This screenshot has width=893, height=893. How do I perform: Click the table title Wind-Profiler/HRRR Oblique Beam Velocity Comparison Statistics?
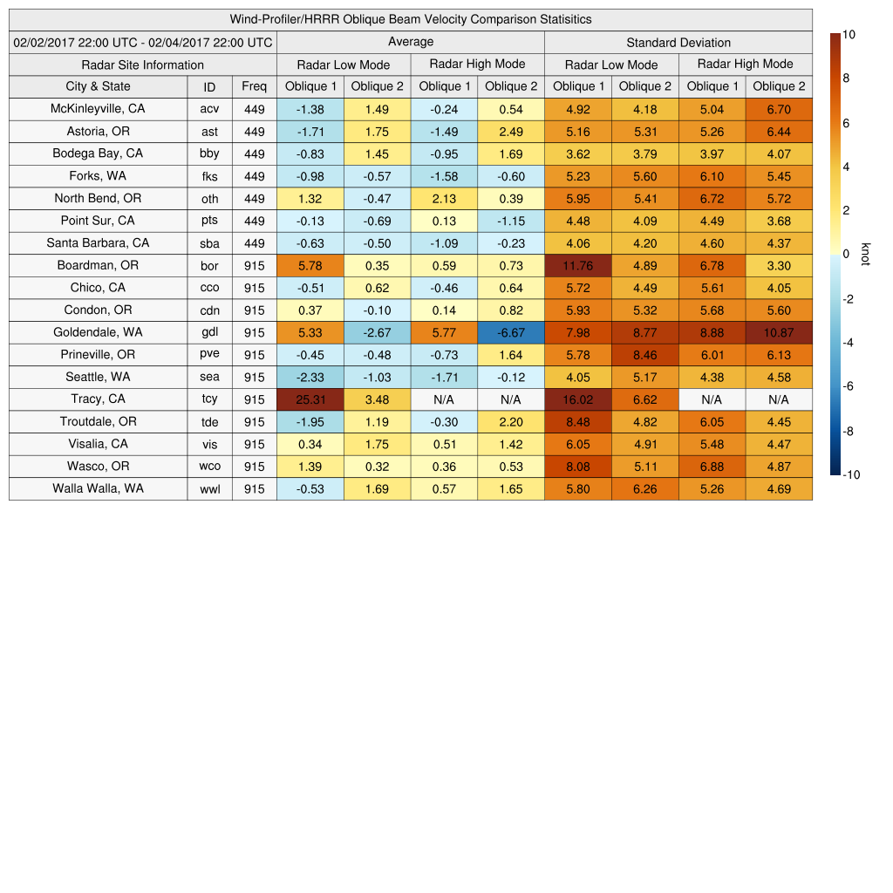pyautogui.click(x=411, y=19)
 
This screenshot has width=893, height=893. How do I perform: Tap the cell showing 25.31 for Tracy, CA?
pyautogui.click(x=310, y=399)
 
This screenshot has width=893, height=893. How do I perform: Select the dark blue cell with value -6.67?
pyautogui.click(x=511, y=332)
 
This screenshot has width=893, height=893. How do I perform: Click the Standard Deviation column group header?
pyautogui.click(x=678, y=43)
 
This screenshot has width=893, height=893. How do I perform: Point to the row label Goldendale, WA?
pyautogui.click(x=98, y=332)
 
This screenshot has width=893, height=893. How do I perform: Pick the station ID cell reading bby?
pyautogui.click(x=209, y=153)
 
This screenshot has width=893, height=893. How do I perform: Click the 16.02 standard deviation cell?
pyautogui.click(x=577, y=399)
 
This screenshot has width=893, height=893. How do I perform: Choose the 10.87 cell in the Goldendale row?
pyautogui.click(x=779, y=332)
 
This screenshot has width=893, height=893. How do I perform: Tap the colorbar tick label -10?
pyautogui.click(x=852, y=475)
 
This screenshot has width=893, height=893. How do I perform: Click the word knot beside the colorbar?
pyautogui.click(x=866, y=254)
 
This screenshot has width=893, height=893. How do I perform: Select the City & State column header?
pyautogui.click(x=98, y=86)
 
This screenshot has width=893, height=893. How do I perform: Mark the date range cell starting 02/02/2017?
pyautogui.click(x=143, y=43)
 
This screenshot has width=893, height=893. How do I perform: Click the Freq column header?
pyautogui.click(x=254, y=86)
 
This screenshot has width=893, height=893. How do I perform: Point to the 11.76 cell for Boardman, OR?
pyautogui.click(x=577, y=265)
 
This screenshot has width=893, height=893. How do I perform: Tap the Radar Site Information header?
pyautogui.click(x=143, y=65)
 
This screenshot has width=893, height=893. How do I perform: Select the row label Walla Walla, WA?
pyautogui.click(x=98, y=488)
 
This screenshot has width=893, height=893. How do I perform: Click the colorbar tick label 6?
pyautogui.click(x=847, y=123)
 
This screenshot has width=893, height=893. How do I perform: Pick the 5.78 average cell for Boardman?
pyautogui.click(x=310, y=265)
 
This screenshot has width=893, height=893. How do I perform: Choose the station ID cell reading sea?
pyautogui.click(x=209, y=377)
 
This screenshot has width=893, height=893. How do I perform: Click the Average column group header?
pyautogui.click(x=411, y=42)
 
